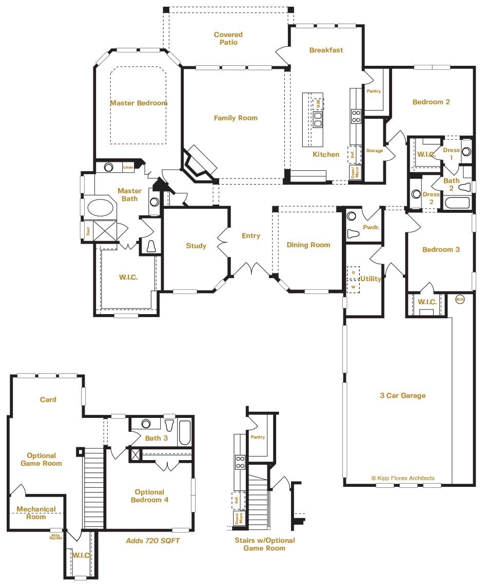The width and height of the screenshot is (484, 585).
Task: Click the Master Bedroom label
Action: (x=139, y=103)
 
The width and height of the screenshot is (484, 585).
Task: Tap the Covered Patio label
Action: (x=228, y=39)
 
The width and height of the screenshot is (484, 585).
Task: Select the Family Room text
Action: (x=236, y=118)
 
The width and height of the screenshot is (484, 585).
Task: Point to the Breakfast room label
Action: (x=326, y=50)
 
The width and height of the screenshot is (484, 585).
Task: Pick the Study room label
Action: (x=196, y=246)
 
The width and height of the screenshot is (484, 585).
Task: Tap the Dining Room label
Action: (x=308, y=245)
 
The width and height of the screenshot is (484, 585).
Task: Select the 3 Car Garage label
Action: (x=402, y=396)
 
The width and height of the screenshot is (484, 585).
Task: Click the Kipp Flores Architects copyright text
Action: (x=402, y=478)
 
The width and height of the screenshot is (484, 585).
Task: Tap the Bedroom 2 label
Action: (x=431, y=102)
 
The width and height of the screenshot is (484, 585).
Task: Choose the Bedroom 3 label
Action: (x=441, y=250)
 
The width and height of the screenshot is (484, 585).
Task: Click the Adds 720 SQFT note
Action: (x=153, y=541)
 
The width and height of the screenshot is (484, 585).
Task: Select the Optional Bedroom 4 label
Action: (x=149, y=496)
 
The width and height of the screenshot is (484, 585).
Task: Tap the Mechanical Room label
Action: (x=36, y=513)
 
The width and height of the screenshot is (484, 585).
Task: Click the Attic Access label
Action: (x=56, y=537)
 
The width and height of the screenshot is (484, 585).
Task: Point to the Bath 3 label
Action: (x=157, y=438)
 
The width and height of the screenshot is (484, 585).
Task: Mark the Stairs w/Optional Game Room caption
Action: (x=264, y=544)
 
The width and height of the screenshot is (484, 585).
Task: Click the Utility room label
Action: (x=370, y=279)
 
